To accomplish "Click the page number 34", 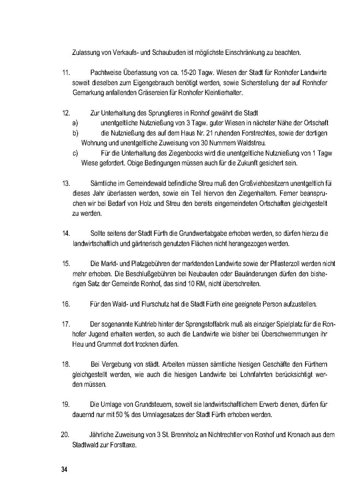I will point(64,470).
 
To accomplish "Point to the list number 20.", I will point(65,435).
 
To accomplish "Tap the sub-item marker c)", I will point(75,153).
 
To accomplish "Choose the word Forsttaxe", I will point(124,445).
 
